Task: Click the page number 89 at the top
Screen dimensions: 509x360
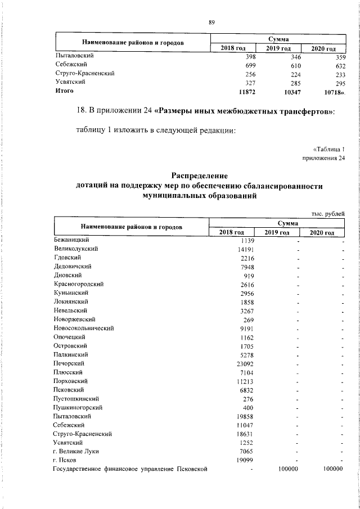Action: [x=211, y=22]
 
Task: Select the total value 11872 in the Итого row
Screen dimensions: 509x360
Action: [x=247, y=91]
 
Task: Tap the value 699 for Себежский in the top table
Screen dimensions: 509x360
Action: [x=251, y=65]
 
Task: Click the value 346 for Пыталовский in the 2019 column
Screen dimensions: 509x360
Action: [x=294, y=57]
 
